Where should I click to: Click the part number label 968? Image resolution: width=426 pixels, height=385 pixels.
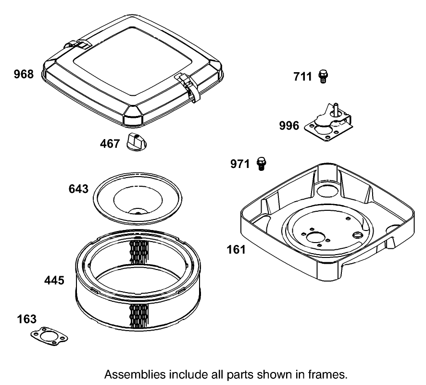pyautogui.click(x=24, y=75)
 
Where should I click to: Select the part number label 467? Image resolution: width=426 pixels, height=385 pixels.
pyautogui.click(x=110, y=143)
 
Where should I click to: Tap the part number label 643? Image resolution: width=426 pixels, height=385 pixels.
pyautogui.click(x=79, y=189)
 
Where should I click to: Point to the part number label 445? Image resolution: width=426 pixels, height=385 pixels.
pyautogui.click(x=54, y=280)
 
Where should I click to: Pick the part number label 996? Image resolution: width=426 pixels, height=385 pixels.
pyautogui.click(x=289, y=126)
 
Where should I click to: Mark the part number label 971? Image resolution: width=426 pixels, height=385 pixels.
pyautogui.click(x=240, y=164)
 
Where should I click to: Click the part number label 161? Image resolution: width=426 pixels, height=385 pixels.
pyautogui.click(x=236, y=250)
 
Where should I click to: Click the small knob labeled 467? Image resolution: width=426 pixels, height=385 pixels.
pyautogui.click(x=137, y=142)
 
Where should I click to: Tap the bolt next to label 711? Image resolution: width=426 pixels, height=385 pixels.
pyautogui.click(x=323, y=76)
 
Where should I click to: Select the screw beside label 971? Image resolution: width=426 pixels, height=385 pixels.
pyautogui.click(x=262, y=164)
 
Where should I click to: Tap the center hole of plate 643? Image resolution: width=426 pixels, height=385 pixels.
pyautogui.click(x=137, y=210)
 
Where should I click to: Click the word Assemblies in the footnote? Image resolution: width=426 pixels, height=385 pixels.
pyautogui.click(x=132, y=374)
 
